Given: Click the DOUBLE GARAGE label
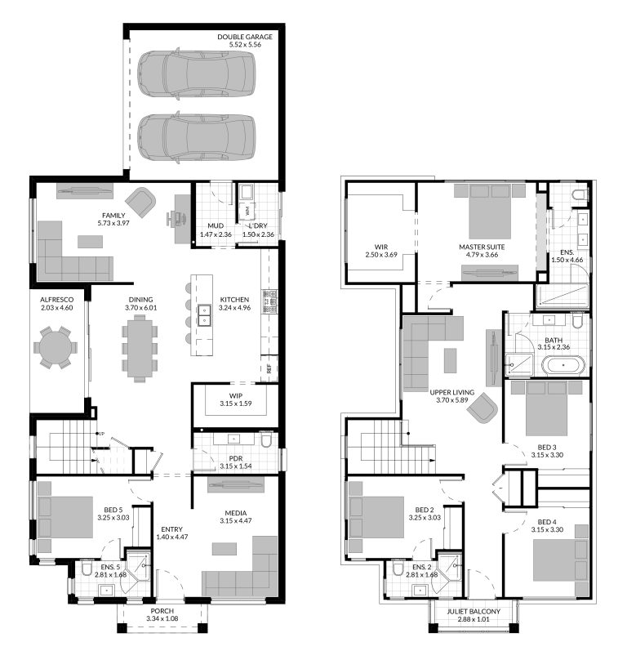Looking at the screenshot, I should [245, 37].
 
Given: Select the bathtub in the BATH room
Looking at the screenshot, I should [563, 365].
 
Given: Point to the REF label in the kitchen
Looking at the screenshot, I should [269, 368].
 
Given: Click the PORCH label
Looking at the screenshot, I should [162, 611].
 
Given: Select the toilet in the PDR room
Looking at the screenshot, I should [265, 442].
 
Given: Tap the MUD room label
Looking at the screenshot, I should [216, 225].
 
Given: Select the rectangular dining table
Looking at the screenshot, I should [139, 346].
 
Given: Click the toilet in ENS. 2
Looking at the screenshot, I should [398, 569].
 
